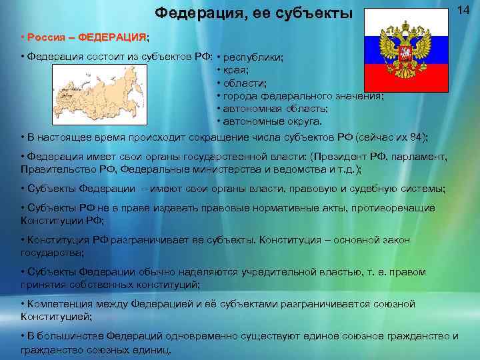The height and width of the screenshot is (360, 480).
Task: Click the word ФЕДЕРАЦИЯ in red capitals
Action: click(x=115, y=35)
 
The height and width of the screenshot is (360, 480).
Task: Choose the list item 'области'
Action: click(x=245, y=83)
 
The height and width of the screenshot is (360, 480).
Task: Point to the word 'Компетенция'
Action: click(x=55, y=304)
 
